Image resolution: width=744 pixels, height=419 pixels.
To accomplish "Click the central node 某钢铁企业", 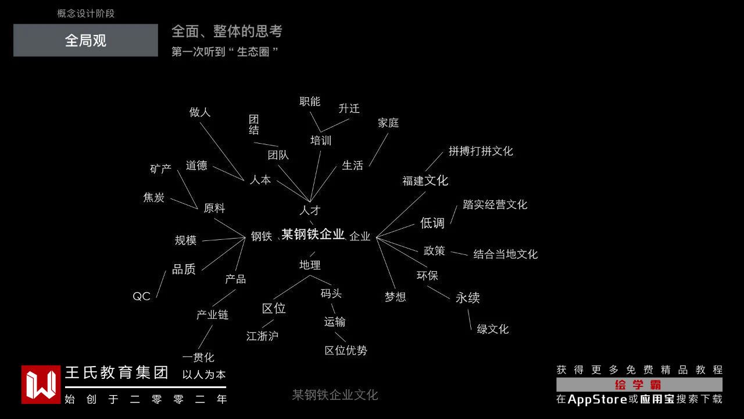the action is (313, 234).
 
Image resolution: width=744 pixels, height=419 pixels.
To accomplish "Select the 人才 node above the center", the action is (310, 210).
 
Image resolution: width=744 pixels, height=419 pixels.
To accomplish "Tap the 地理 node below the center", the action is (310, 265).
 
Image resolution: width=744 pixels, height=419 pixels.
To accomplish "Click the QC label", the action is (141, 296).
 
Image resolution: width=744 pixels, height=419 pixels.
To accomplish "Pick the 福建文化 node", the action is (425, 180).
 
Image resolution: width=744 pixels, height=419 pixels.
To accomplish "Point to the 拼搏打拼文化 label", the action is (481, 151).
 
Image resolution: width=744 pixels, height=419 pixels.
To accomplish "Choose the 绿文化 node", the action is (492, 329).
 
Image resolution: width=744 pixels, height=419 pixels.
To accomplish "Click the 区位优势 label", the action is (346, 350).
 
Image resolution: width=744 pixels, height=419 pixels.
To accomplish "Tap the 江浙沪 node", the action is (262, 336).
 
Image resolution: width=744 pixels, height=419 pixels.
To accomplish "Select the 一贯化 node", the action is (198, 357).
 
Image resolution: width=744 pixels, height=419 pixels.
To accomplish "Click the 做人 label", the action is (199, 112).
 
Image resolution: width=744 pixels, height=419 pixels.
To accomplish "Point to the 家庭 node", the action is (388, 123).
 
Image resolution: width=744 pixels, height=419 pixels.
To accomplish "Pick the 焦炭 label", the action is (153, 197).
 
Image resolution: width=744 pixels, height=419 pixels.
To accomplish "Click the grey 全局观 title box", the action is (85, 40).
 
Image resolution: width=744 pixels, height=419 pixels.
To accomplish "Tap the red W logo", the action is (41, 385).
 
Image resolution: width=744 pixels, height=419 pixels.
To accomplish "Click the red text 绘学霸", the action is (638, 385).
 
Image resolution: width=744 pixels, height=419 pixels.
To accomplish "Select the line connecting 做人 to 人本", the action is (222, 151).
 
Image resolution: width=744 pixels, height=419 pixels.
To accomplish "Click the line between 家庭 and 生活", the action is (378, 150).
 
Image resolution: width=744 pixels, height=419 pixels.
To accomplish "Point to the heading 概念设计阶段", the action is (85, 13).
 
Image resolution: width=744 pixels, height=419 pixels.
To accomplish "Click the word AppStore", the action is (597, 399).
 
